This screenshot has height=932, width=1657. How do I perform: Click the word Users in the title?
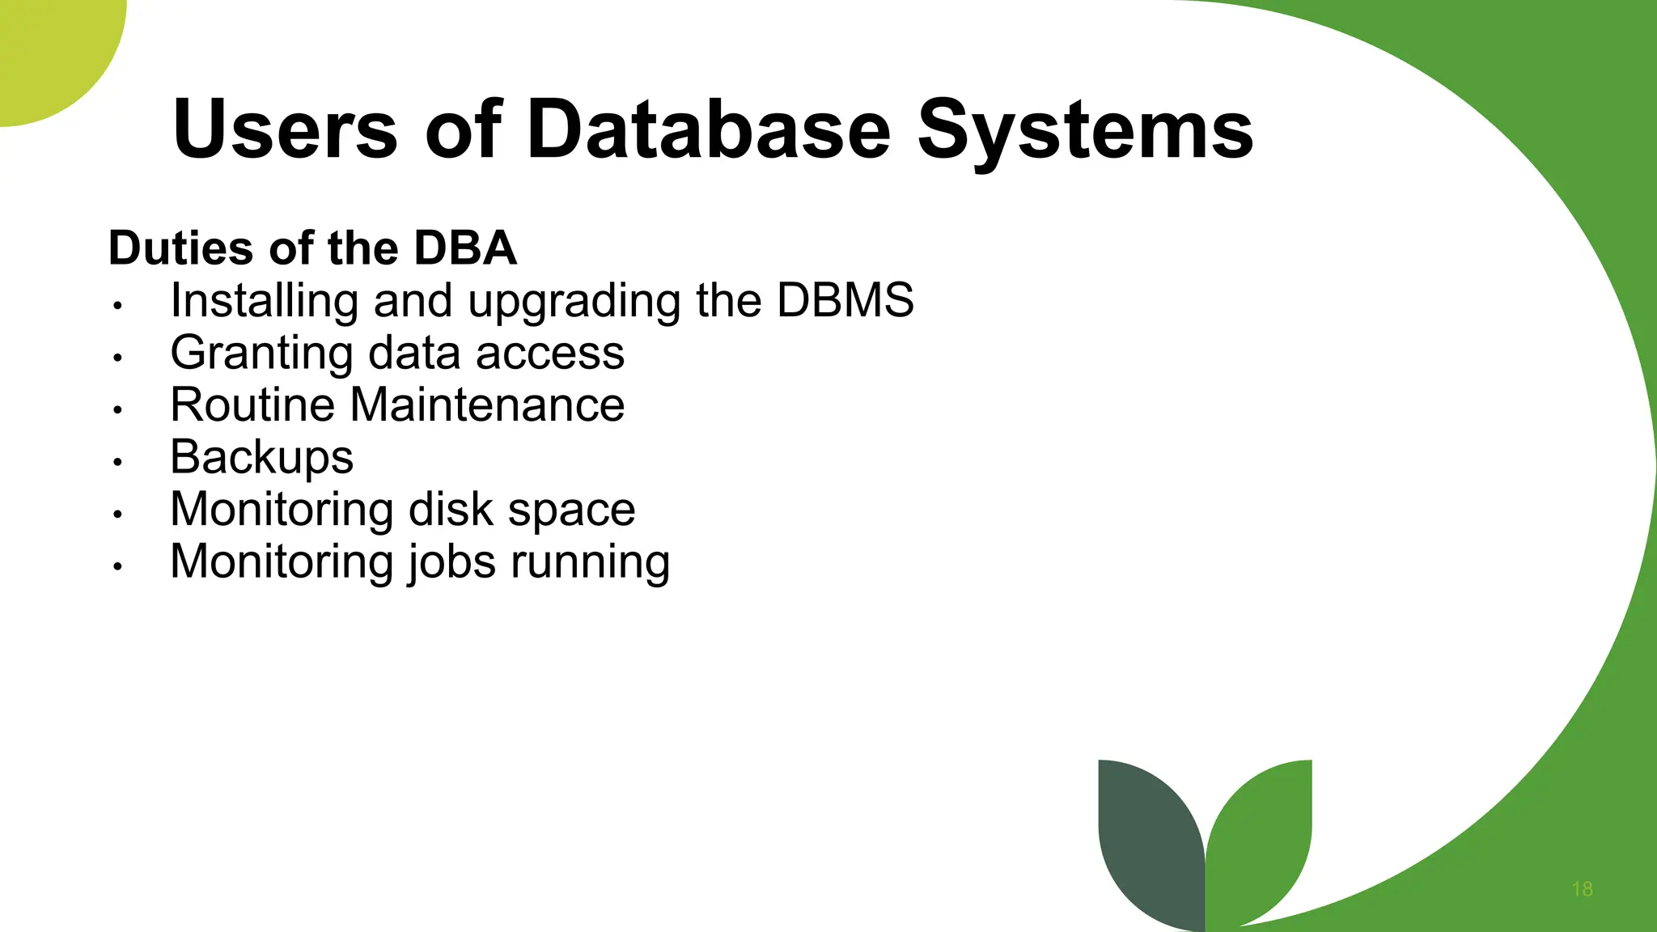tap(285, 129)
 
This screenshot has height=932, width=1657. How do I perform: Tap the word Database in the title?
tap(709, 129)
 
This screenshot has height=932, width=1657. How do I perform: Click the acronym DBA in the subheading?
tap(465, 248)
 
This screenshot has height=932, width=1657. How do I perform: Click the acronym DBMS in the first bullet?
tap(845, 300)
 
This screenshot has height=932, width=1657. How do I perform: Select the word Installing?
tap(264, 302)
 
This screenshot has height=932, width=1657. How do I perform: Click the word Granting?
tap(262, 354)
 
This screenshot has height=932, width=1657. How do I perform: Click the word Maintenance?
tap(487, 405)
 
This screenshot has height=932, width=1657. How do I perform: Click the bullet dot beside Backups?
tap(117, 462)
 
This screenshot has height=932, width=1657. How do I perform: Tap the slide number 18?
tap(1582, 889)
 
